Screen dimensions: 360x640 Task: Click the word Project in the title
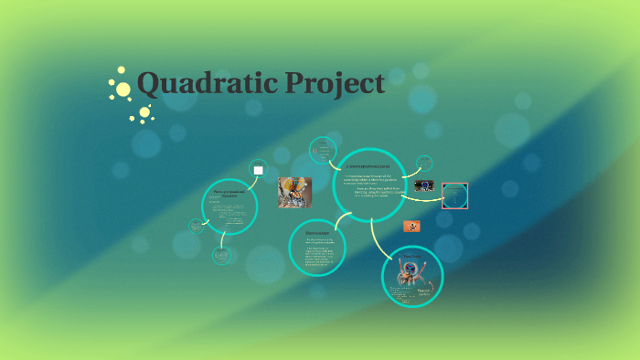[x=335, y=84]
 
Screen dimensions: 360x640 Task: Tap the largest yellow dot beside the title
[x=122, y=88]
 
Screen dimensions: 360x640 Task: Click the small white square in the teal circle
[x=258, y=170]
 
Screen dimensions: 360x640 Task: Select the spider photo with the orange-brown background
[x=294, y=193]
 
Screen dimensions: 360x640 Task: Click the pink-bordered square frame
[x=454, y=196]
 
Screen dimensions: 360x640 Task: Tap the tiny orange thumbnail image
[x=411, y=226]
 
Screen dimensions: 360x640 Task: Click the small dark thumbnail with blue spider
[x=424, y=186]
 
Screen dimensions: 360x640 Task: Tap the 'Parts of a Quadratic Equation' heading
[x=229, y=193]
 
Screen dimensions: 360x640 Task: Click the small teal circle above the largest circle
[x=324, y=150]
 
